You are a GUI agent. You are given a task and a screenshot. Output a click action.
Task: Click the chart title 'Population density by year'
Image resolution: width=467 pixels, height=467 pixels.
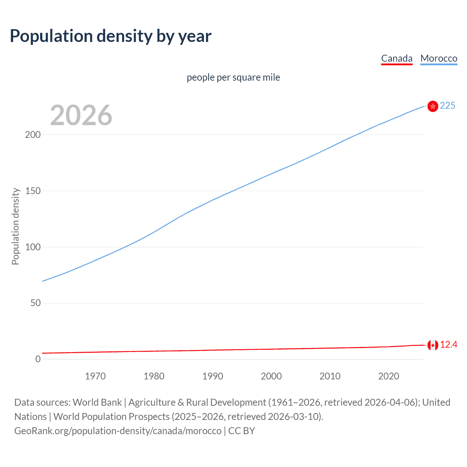[111, 36]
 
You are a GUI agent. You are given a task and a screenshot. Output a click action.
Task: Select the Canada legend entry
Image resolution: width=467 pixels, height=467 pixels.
[397, 58]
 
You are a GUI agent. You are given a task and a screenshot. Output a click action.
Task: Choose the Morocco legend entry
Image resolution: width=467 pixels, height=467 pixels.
[439, 58]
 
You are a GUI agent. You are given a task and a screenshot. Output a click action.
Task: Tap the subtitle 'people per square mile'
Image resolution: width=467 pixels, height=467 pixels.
[233, 77]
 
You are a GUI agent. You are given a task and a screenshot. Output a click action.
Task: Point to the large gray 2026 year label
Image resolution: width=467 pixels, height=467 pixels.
[81, 115]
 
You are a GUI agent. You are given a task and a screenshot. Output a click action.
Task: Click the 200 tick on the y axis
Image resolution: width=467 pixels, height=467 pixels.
[33, 135]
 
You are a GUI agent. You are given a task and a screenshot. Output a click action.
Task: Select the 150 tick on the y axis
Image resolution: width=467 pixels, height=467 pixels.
[33, 191]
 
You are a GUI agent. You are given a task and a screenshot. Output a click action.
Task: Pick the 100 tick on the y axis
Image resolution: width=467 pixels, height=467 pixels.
[33, 247]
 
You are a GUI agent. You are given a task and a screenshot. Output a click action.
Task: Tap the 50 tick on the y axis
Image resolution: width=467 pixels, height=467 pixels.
[35, 303]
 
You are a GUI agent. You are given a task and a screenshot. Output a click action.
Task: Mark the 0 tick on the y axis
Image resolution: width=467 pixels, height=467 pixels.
[38, 359]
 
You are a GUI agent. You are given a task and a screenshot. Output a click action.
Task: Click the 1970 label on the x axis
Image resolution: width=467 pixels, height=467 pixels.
[95, 376]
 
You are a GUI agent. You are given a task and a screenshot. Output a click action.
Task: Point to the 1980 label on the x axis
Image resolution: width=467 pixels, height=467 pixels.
[154, 376]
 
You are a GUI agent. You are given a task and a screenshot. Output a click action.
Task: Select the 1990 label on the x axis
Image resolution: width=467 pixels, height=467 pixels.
[213, 376]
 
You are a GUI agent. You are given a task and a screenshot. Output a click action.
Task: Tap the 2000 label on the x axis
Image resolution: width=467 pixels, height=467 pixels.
[271, 376]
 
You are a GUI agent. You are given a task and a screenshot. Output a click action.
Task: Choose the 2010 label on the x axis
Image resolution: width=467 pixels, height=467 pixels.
[330, 376]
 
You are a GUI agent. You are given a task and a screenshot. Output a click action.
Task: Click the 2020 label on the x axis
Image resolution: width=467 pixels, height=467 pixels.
[389, 376]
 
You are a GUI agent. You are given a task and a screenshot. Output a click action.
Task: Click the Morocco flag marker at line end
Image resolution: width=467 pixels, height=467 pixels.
[433, 106]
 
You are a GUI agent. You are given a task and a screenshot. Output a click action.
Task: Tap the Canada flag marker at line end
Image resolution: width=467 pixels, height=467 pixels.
[433, 345]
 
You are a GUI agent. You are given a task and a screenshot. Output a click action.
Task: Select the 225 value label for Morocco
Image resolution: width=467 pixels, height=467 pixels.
[447, 106]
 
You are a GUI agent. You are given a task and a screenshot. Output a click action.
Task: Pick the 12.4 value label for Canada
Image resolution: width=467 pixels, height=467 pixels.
[448, 345]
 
